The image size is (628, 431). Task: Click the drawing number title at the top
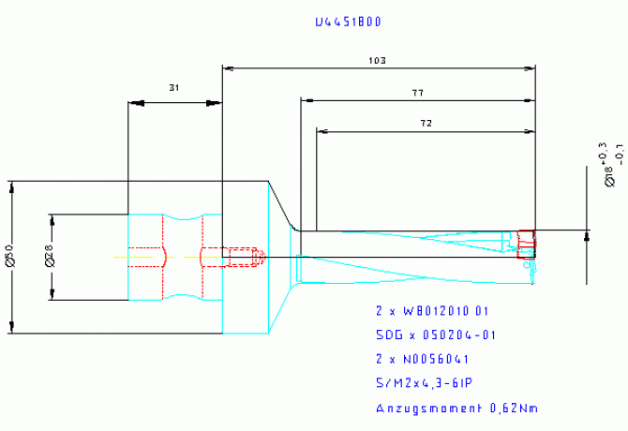tap(348, 21)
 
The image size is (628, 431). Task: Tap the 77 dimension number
tap(417, 93)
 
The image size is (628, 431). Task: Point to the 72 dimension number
tap(425, 124)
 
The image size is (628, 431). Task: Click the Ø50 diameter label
tap(9, 254)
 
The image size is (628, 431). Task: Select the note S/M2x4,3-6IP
tap(422, 383)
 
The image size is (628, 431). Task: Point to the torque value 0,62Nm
tap(514, 409)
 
